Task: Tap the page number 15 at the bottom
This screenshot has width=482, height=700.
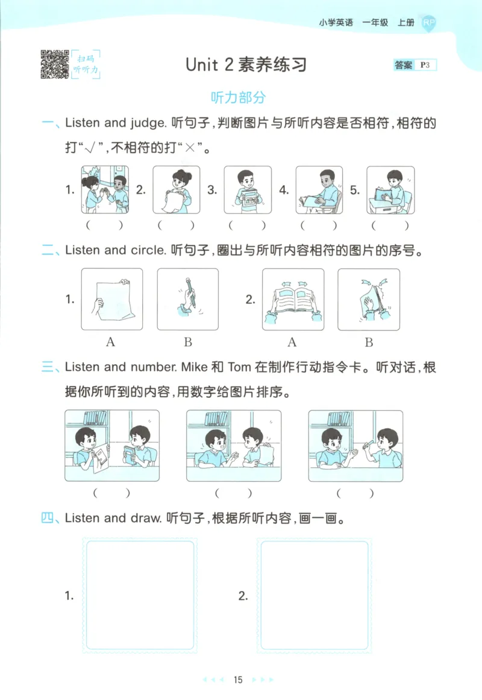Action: tap(238, 680)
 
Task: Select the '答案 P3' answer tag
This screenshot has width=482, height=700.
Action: tap(415, 65)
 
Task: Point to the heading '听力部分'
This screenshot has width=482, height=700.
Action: tap(238, 98)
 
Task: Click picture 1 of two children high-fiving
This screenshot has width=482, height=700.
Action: tap(105, 190)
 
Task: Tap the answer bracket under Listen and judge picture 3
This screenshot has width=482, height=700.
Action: tap(247, 226)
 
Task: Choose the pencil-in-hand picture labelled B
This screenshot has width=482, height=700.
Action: tap(187, 299)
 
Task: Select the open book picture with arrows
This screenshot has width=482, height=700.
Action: tap(293, 299)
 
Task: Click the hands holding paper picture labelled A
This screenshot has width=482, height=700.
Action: tap(111, 299)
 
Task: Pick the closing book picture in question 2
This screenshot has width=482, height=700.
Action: tap(368, 299)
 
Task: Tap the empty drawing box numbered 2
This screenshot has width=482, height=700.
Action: tap(314, 594)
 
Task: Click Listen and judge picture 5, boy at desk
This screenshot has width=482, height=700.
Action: tap(390, 190)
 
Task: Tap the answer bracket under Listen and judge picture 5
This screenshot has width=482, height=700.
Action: tap(390, 226)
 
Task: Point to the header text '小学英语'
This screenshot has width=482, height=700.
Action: tap(336, 23)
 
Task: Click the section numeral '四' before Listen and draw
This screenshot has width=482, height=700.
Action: tap(48, 518)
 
